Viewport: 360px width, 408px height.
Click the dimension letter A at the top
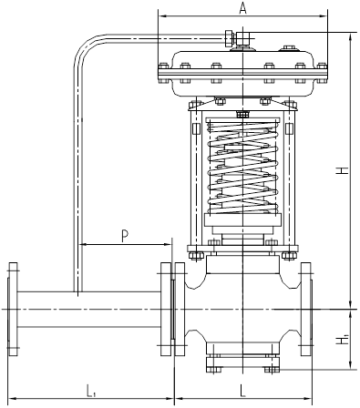point(242,8)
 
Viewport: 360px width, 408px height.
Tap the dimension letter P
point(125,236)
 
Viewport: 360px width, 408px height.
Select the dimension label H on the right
point(343,170)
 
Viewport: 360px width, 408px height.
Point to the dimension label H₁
point(343,339)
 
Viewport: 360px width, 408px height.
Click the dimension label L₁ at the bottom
point(91,391)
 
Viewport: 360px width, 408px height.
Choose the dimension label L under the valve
point(242,391)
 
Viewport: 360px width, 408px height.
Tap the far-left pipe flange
point(13,309)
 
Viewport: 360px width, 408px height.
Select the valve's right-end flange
point(306,309)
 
